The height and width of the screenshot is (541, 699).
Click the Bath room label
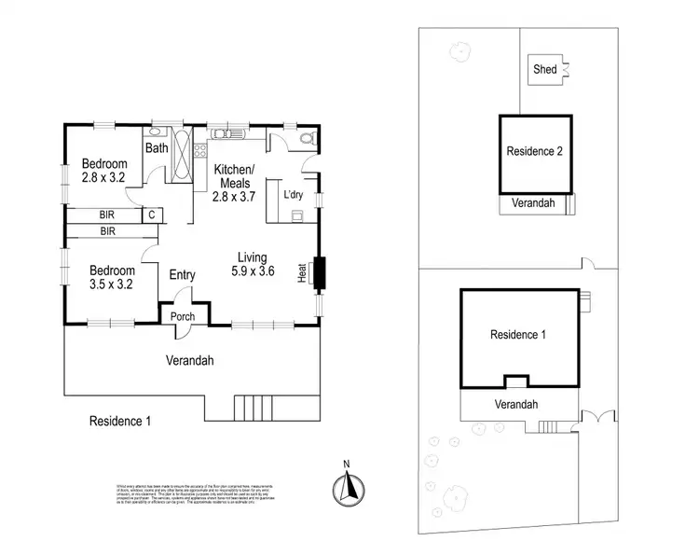pyautogui.click(x=155, y=147)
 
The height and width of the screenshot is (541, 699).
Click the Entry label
pyautogui.click(x=182, y=274)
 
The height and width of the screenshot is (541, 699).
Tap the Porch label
pyautogui.click(x=183, y=316)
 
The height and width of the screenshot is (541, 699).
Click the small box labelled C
pyautogui.click(x=150, y=215)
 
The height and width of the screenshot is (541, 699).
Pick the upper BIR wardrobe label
pyautogui.click(x=107, y=215)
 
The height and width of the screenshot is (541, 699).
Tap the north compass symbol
pyautogui.click(x=345, y=485)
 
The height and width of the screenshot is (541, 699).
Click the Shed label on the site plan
pyautogui.click(x=543, y=69)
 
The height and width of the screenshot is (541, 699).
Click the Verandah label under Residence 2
pyautogui.click(x=532, y=202)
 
